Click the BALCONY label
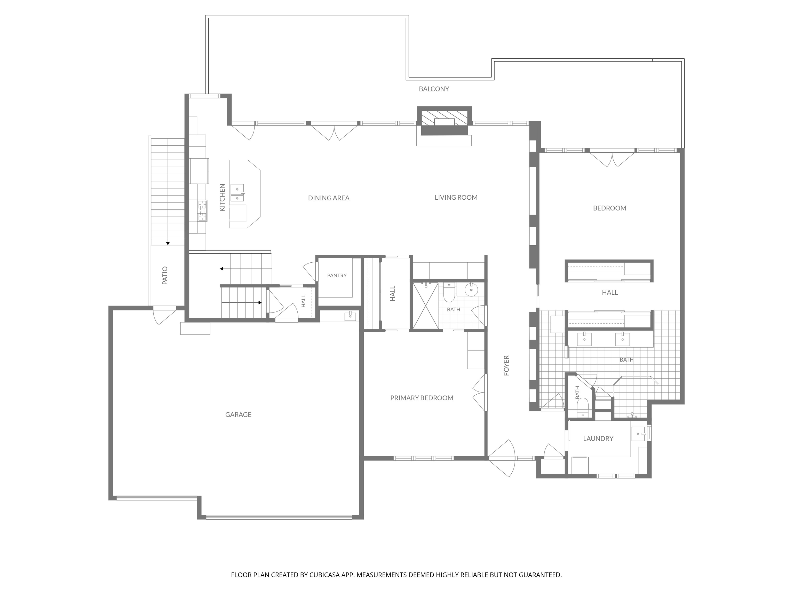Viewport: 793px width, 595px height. [x=434, y=89]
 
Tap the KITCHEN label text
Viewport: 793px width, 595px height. [x=222, y=198]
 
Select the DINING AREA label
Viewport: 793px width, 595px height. [x=329, y=198]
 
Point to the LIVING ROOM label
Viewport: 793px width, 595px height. [x=456, y=197]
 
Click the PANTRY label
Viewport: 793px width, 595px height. [x=337, y=276]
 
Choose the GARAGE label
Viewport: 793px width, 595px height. [x=239, y=414]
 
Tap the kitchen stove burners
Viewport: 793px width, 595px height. [x=202, y=210]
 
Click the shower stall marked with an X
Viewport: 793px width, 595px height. [x=425, y=306]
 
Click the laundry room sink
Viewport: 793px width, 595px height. [x=638, y=434]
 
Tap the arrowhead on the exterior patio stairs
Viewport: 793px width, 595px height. [x=168, y=244]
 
